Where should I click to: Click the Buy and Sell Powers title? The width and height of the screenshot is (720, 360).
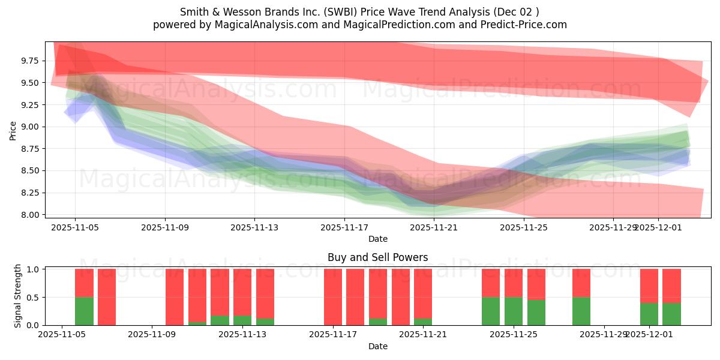[x=377, y=257]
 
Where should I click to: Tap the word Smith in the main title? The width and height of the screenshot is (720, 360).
[x=193, y=12]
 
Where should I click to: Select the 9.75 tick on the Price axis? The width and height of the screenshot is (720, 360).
[x=30, y=61]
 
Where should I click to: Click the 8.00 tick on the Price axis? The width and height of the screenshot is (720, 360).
[x=30, y=215]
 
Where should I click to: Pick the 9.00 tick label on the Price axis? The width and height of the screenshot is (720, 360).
[x=30, y=127]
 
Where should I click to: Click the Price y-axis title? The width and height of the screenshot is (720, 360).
[x=13, y=130]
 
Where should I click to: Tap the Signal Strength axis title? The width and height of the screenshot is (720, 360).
[x=18, y=296]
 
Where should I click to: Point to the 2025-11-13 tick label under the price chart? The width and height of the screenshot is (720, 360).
[x=254, y=227]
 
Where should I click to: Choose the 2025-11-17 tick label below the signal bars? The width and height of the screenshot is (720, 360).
[x=333, y=335]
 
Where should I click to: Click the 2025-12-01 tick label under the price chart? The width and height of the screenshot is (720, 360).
[x=658, y=227]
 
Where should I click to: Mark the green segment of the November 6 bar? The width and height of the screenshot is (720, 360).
[x=84, y=311]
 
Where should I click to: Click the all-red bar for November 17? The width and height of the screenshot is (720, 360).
[x=333, y=297]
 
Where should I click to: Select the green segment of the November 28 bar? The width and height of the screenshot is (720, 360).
[x=581, y=311]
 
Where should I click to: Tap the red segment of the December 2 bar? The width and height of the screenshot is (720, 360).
[x=671, y=286]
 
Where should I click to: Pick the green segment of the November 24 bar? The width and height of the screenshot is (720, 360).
[x=491, y=311]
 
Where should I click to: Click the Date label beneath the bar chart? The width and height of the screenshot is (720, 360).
[x=377, y=346]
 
